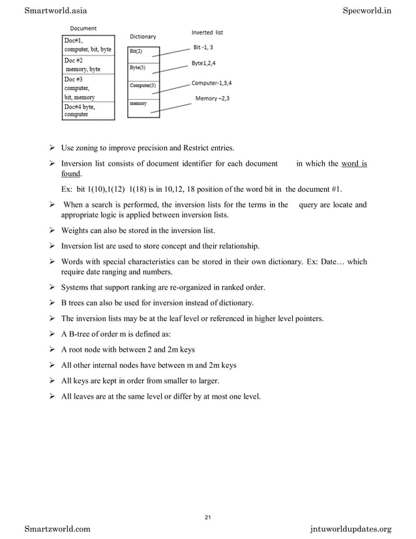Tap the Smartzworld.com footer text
click(58, 528)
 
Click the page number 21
click(207, 517)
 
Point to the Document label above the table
click(83, 29)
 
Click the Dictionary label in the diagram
click(143, 37)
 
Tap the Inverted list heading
click(207, 33)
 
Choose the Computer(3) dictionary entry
click(143, 85)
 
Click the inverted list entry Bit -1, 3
click(203, 47)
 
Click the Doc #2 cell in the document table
click(88, 64)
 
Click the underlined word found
click(71, 175)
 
